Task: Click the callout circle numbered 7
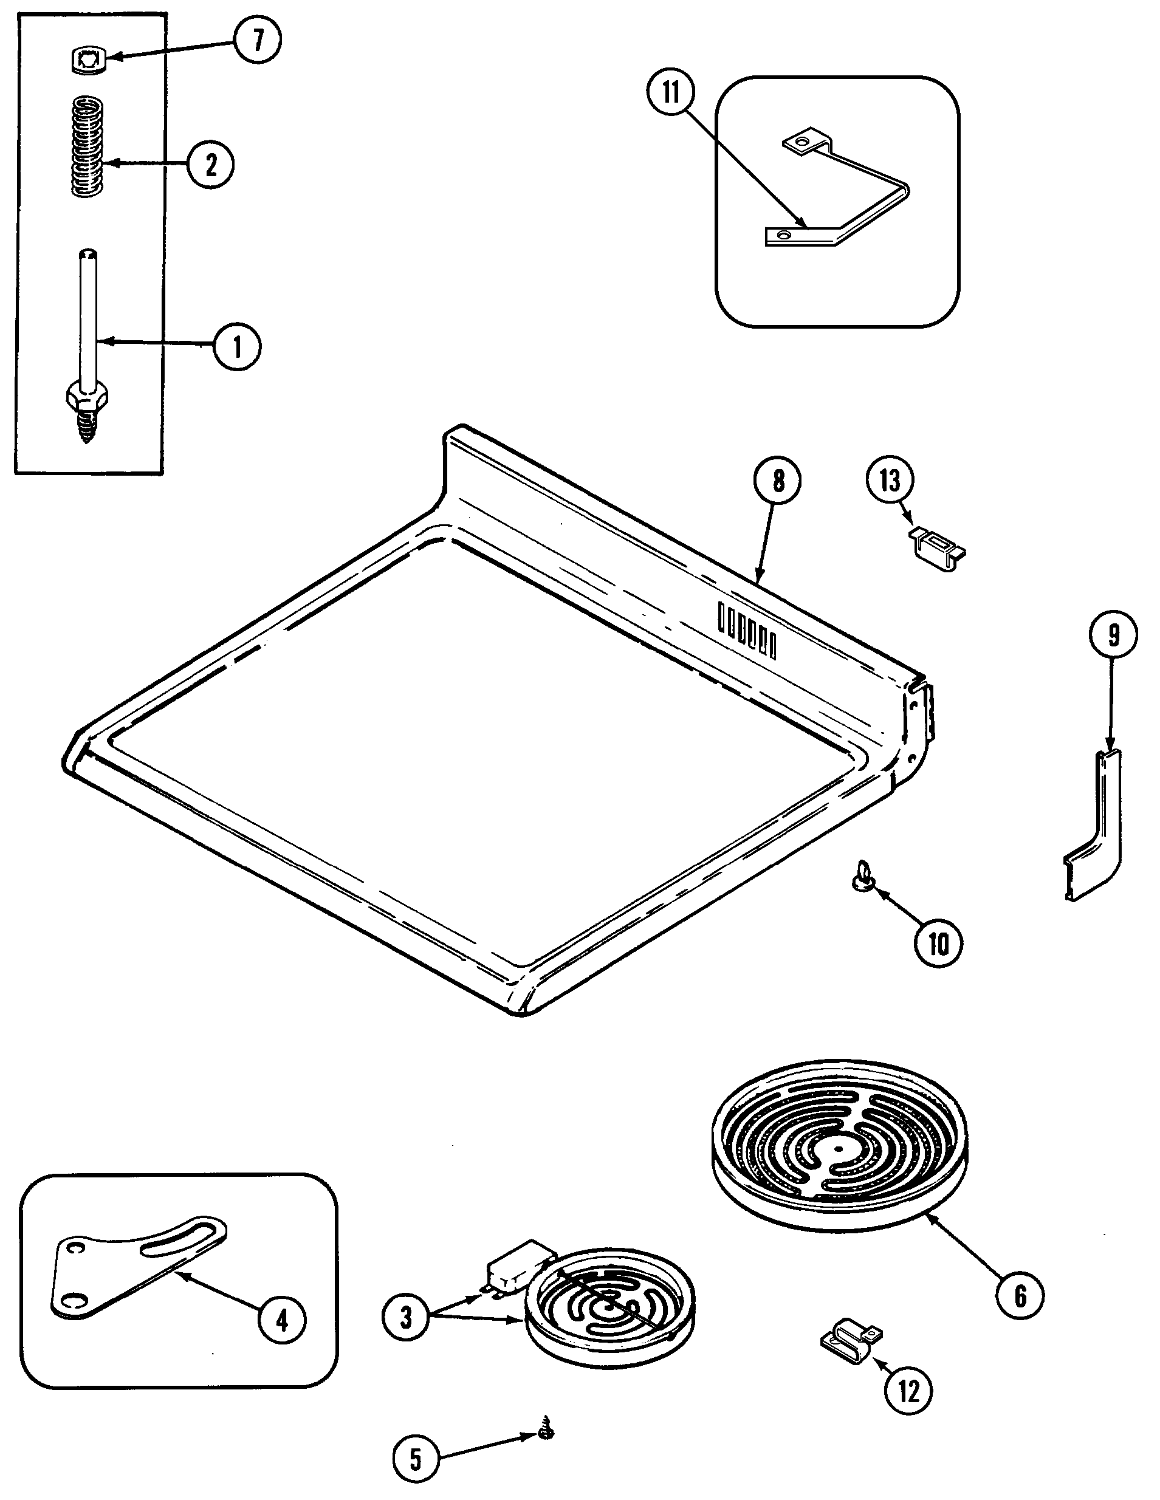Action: pyautogui.click(x=257, y=41)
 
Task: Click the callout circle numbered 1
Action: pyautogui.click(x=237, y=347)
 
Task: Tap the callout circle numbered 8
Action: pyautogui.click(x=777, y=480)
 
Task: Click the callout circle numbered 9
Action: pyautogui.click(x=1113, y=635)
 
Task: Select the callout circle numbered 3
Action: pyautogui.click(x=406, y=1317)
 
